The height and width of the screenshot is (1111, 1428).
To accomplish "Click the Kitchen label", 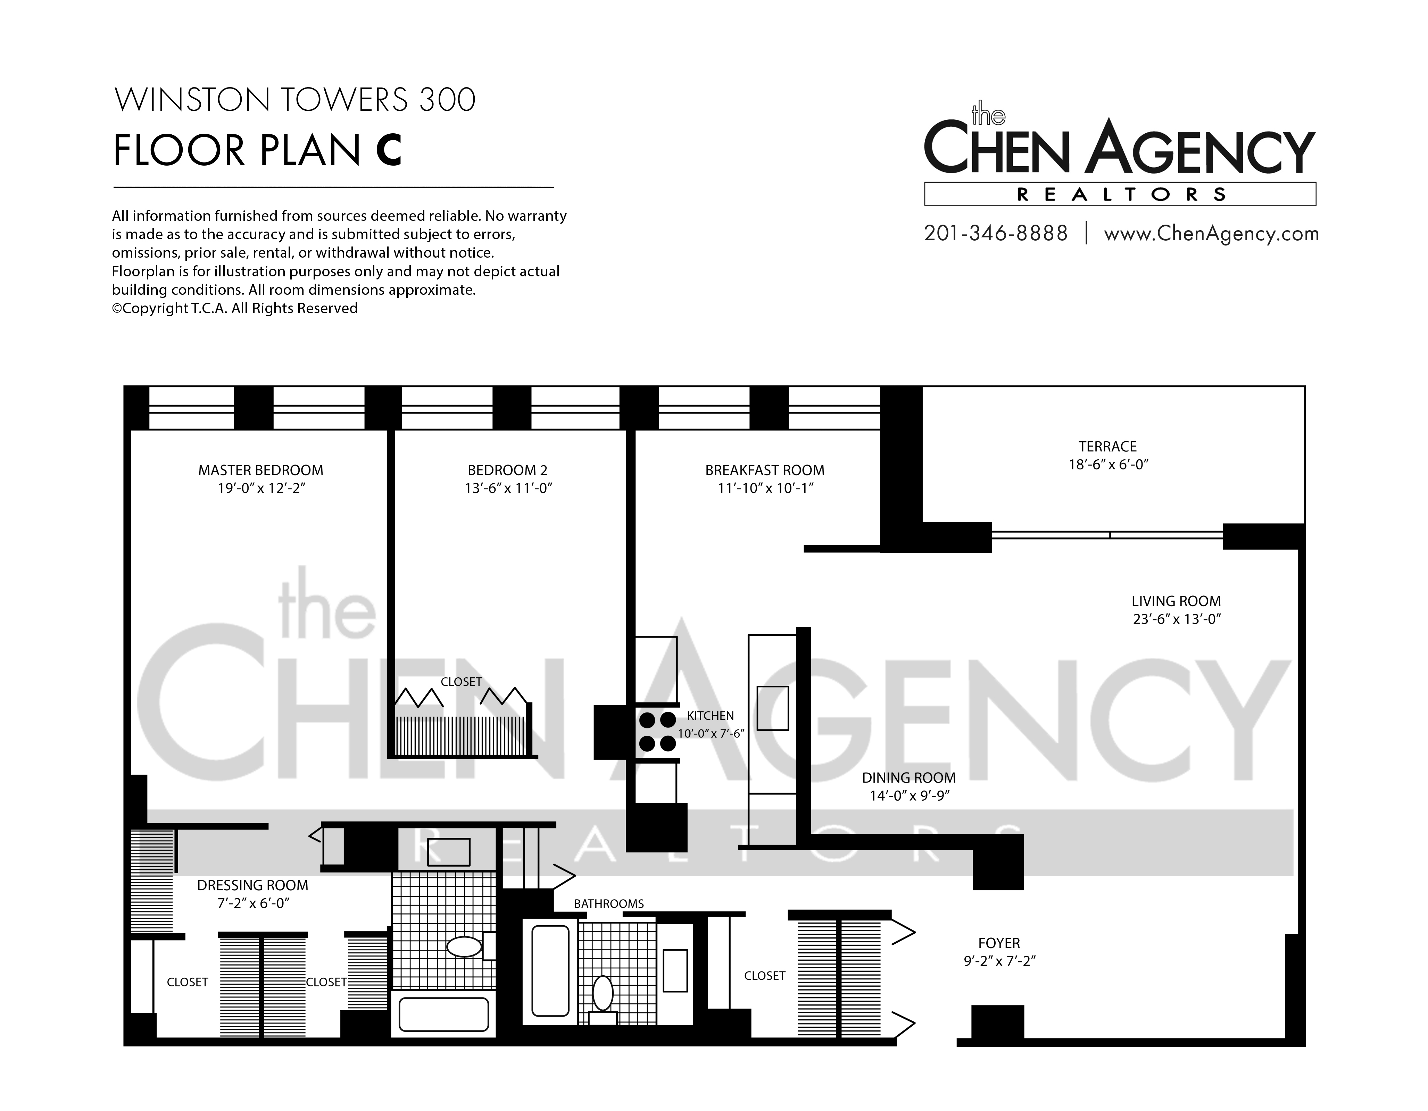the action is coord(710,716).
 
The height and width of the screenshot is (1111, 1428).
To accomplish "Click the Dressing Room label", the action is coord(252,886).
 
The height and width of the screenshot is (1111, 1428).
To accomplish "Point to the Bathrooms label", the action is coord(609,904).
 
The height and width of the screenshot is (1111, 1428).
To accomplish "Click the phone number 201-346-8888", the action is coord(996,233).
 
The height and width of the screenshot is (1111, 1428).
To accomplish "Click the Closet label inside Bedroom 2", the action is coord(461,682).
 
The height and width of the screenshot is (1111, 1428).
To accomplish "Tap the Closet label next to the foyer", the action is coord(764,976).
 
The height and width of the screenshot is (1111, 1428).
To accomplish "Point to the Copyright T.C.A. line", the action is coord(235,308).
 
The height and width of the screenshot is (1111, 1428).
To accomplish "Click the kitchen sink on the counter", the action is coord(773,708).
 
